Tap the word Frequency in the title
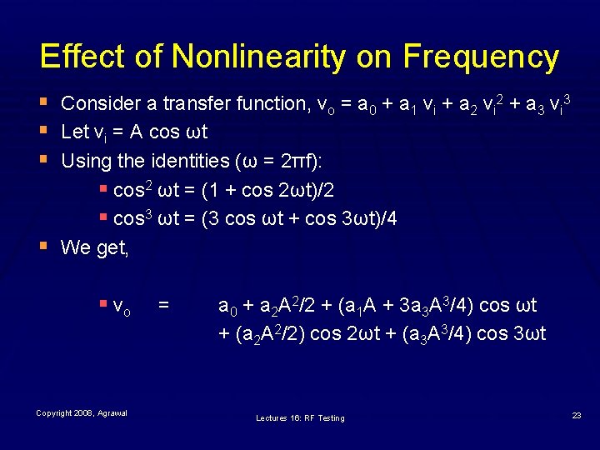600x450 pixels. click(481, 57)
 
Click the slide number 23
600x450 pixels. click(577, 414)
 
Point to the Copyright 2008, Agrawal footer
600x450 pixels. click(82, 414)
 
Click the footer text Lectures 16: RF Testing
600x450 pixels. click(300, 417)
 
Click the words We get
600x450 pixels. click(95, 247)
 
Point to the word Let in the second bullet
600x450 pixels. click(75, 132)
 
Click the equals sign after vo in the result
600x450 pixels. click(164, 306)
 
